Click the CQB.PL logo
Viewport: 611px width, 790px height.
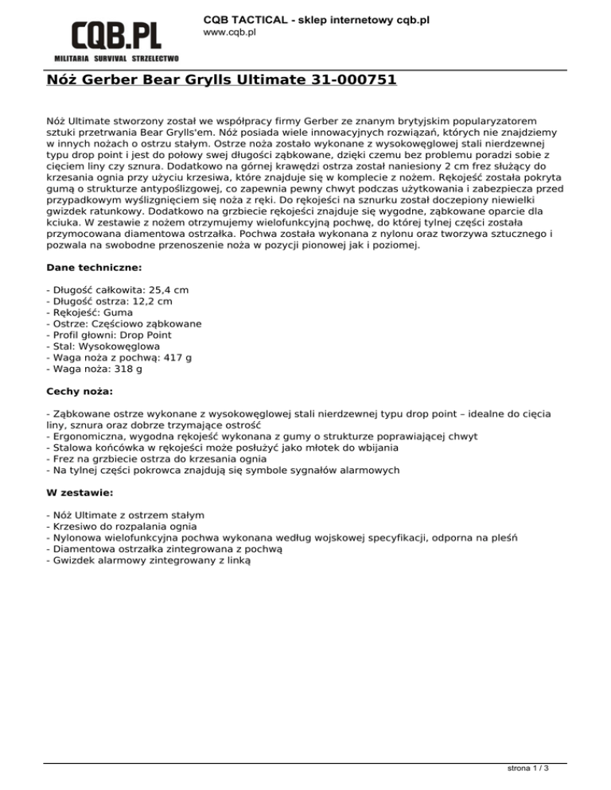[116, 35]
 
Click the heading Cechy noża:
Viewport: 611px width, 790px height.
[80, 392]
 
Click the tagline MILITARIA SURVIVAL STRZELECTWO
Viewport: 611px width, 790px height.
[116, 59]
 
